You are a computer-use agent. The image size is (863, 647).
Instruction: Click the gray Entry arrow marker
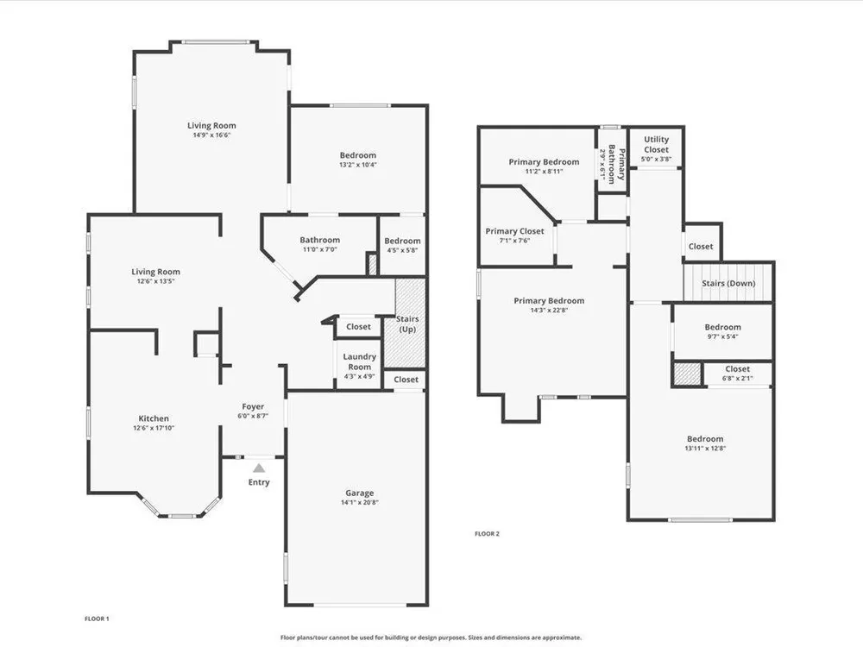[259, 468]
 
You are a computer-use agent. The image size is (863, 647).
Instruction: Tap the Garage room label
[359, 493]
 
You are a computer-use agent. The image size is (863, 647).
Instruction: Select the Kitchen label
[154, 418]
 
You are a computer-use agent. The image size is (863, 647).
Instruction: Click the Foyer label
[253, 406]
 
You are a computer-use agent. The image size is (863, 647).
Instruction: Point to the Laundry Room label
[359, 361]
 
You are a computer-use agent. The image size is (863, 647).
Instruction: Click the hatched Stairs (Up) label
[407, 324]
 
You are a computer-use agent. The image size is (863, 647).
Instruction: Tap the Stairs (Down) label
[728, 283]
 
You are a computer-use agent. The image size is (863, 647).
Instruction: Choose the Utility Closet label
[656, 144]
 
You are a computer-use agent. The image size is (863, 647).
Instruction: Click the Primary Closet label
[514, 231]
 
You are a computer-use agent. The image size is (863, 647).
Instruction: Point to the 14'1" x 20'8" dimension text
[359, 502]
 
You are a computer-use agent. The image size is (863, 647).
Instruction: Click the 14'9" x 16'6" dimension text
[211, 135]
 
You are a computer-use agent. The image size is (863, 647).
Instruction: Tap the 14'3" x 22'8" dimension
[549, 311]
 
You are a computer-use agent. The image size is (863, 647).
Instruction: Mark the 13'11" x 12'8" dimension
[705, 449]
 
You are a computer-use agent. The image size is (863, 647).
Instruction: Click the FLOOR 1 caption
[97, 619]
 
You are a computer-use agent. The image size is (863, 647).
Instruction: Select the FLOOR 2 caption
[487, 534]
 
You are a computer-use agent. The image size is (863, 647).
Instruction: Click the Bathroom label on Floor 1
[320, 240]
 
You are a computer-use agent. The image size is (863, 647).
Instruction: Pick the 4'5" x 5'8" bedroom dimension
[402, 250]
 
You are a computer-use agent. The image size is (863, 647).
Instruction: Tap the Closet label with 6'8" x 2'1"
[738, 369]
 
